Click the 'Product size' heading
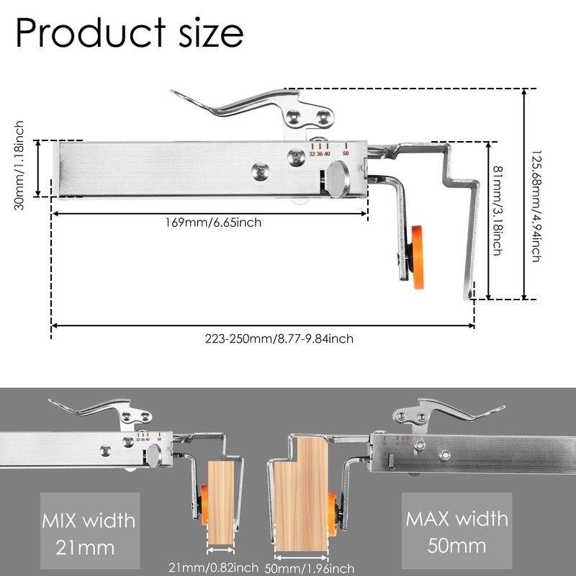point(130,32)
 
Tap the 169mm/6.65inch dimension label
point(213,222)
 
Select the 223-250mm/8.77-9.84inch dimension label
point(279,338)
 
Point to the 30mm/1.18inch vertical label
point(19,166)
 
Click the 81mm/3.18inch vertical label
point(497,210)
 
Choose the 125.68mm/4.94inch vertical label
point(536,206)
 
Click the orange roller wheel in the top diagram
point(418,257)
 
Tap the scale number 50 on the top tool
point(346,153)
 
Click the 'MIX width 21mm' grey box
point(90,531)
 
